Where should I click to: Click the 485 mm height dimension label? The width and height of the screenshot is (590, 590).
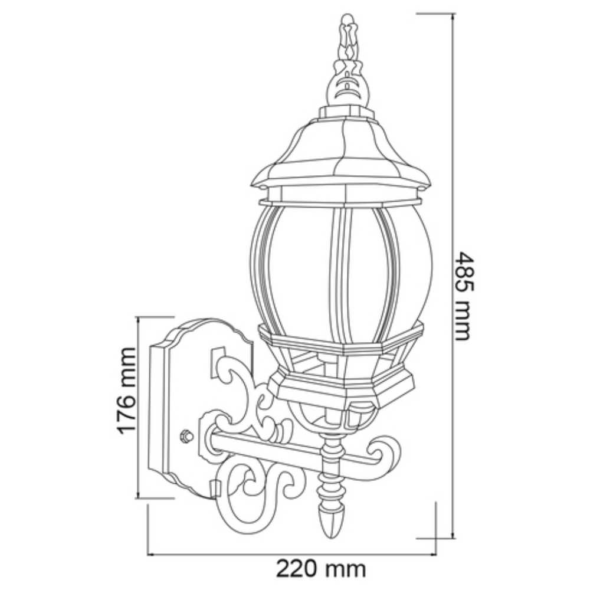[464, 296]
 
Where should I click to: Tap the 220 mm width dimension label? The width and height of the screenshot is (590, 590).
[321, 569]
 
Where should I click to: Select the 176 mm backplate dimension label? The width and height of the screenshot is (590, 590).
[126, 391]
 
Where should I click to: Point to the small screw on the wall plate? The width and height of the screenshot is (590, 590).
[186, 436]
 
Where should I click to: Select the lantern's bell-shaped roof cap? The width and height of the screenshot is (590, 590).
[341, 147]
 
